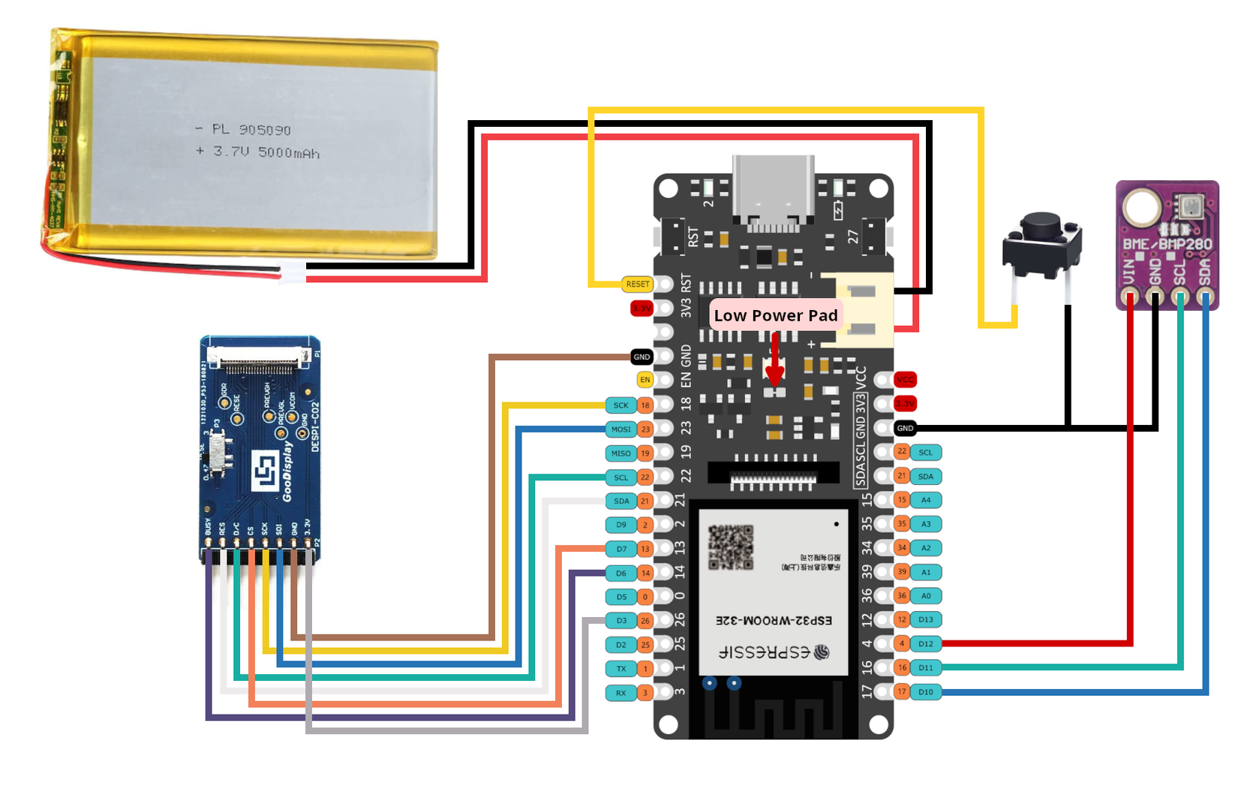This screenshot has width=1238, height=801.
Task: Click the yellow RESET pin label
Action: click(638, 284)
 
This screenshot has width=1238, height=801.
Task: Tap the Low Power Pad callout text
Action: click(775, 316)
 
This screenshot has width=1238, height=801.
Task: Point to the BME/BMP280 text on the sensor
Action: click(1167, 244)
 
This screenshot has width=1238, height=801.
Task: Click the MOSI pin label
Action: click(621, 429)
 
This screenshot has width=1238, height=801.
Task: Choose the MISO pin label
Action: click(621, 453)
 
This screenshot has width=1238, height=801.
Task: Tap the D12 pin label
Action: click(926, 644)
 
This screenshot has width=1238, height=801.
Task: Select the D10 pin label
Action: click(926, 692)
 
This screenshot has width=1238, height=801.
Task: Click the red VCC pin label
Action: click(906, 380)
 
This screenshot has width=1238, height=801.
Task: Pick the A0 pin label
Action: click(926, 596)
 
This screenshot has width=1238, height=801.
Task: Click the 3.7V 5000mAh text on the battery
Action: click(266, 152)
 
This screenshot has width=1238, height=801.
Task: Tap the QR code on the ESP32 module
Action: click(730, 547)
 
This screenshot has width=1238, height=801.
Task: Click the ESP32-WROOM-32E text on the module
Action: click(774, 621)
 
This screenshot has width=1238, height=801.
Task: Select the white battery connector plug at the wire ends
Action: click(292, 273)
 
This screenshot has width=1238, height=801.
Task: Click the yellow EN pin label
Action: click(645, 380)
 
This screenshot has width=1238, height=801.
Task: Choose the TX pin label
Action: click(621, 669)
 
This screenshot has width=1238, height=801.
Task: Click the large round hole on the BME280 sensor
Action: click(1140, 207)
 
